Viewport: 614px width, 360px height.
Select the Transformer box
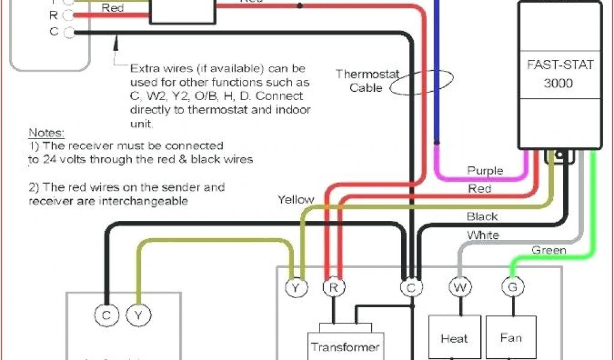(345, 346)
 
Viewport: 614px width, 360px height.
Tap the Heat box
(454, 338)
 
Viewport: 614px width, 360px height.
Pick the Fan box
(511, 337)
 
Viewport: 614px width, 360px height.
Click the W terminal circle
(460, 289)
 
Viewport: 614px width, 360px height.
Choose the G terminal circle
(512, 289)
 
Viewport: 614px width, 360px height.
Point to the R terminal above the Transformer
(333, 288)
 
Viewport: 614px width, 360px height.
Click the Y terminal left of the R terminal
(296, 289)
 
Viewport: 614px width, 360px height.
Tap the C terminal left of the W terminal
(411, 289)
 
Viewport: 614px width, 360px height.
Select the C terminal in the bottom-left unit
(106, 315)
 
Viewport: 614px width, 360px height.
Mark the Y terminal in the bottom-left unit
(139, 315)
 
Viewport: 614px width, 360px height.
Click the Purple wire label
(485, 171)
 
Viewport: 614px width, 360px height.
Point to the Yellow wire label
(296, 199)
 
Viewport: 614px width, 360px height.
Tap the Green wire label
(548, 250)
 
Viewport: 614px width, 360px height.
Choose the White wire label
(483, 235)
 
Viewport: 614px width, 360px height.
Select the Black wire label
(482, 217)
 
